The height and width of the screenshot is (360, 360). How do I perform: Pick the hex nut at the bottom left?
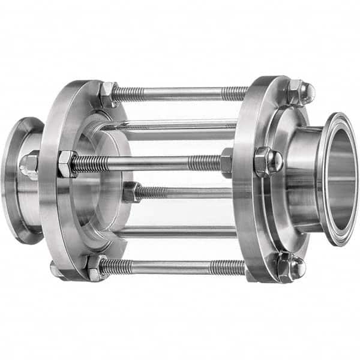[x=94, y=267]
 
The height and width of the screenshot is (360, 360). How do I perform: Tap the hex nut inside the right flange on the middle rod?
[x=226, y=161]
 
